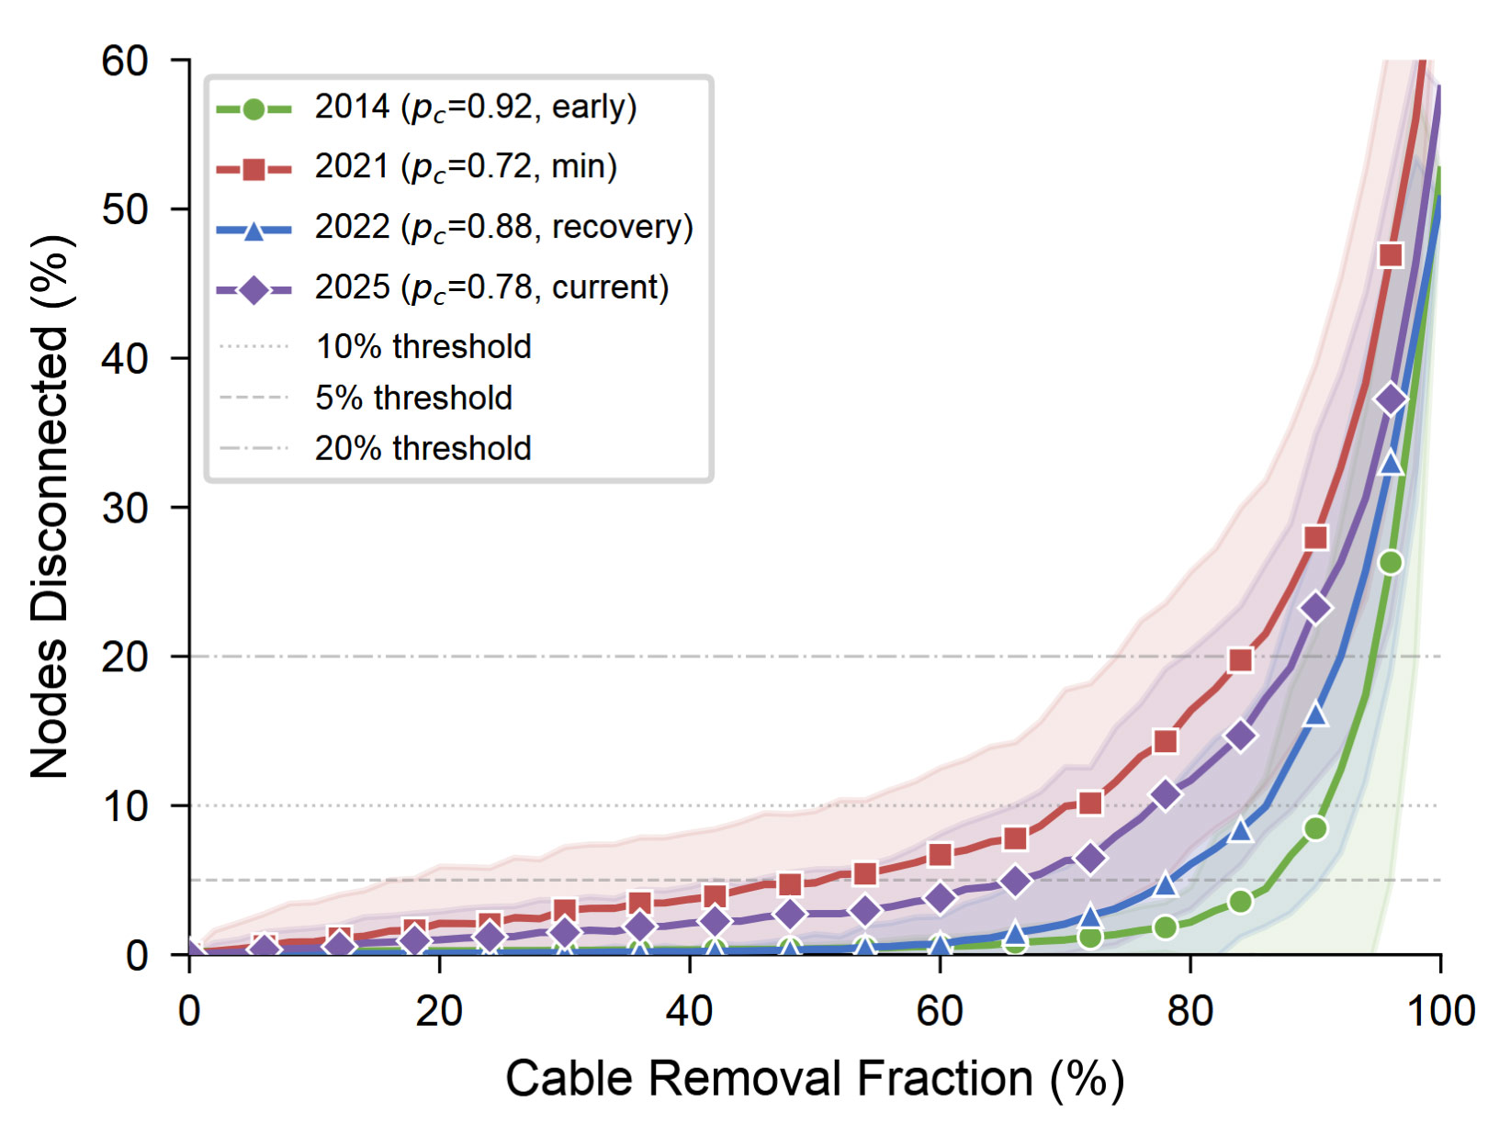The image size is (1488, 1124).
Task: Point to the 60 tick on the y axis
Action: coord(125,61)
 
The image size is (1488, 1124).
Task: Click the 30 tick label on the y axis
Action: coord(125,508)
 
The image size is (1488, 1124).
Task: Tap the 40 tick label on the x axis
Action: coord(690,1011)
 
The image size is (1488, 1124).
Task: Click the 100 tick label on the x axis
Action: coord(1440,1011)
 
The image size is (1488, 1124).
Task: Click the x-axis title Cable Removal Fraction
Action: coord(815,1078)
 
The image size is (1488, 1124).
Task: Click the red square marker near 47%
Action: coord(1391,255)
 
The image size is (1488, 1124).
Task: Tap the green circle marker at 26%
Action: coord(1391,562)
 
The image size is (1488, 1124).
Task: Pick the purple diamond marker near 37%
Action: coord(1391,399)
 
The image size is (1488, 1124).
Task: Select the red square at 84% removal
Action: coord(1240,660)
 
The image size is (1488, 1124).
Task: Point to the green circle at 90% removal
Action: coord(1315,828)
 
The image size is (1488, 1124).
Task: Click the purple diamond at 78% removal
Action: coord(1166,794)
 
